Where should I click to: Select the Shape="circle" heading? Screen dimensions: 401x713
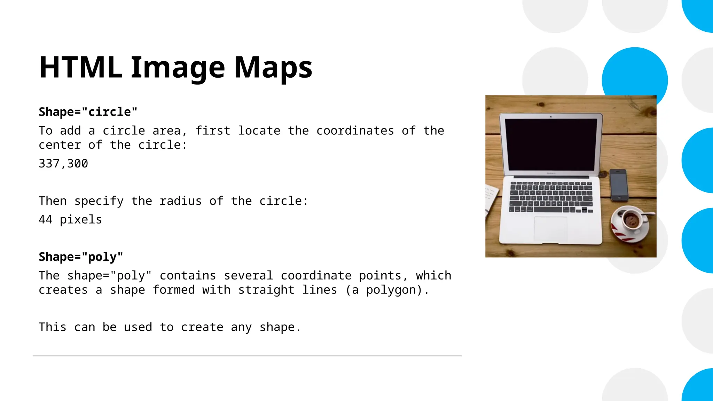88,112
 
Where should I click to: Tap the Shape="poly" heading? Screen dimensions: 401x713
81,257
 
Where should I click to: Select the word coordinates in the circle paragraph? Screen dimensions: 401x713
355,131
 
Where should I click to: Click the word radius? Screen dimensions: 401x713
180,201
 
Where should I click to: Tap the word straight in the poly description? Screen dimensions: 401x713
266,290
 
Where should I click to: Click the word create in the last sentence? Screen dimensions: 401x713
202,327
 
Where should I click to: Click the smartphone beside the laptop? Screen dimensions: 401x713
619,185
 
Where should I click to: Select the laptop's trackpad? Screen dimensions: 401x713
550,229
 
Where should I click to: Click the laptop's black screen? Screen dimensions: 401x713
551,144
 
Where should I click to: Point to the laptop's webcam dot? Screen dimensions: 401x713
551,117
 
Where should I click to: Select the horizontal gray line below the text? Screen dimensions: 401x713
247,356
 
